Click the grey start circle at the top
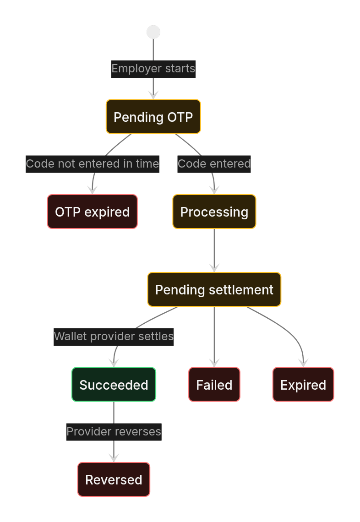153,32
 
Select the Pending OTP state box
153,117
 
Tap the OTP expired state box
92,212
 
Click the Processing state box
214,212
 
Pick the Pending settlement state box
214,290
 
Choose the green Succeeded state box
114,385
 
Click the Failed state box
214,385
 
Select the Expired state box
303,385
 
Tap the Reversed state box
114,479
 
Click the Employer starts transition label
153,69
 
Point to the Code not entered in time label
92,164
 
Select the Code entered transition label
214,164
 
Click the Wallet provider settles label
114,337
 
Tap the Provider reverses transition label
114,432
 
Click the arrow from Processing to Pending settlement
214,250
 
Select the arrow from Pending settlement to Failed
214,337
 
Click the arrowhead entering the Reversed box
114,458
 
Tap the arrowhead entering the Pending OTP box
153,95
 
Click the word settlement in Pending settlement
241,290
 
